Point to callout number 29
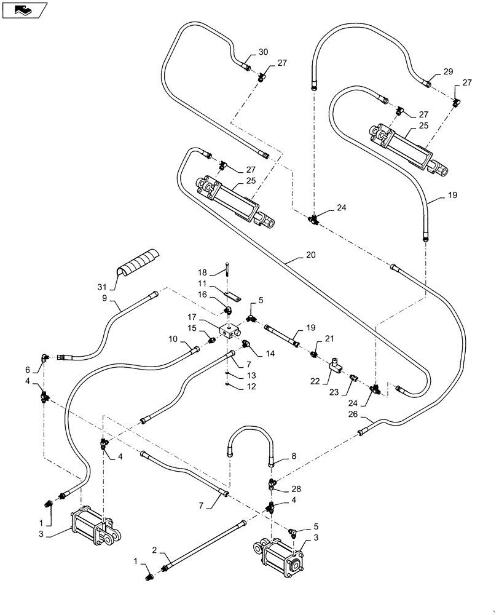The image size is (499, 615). tap(449, 72)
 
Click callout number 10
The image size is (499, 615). tap(173, 338)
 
